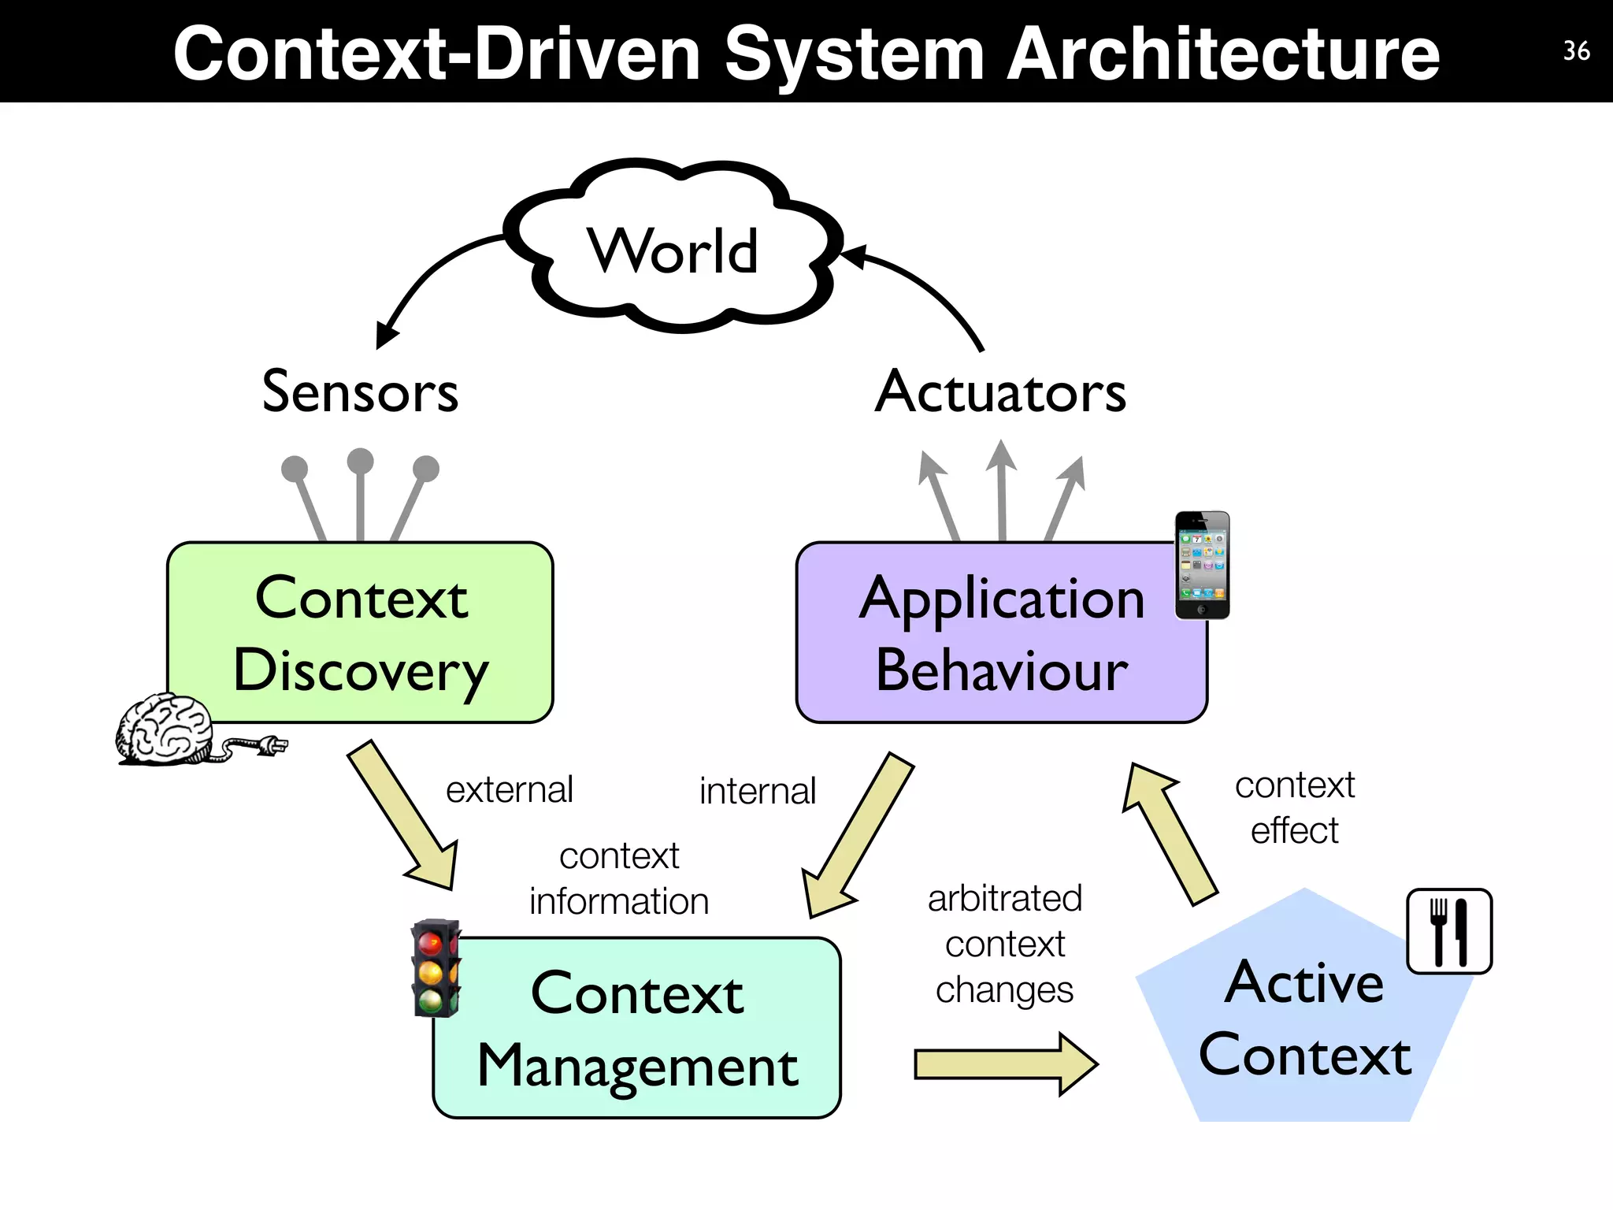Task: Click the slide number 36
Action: [x=1576, y=51]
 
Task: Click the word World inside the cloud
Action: [x=673, y=251]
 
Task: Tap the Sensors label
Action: [x=360, y=392]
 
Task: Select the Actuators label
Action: [x=1000, y=392]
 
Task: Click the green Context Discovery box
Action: [x=361, y=633]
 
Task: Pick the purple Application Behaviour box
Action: [x=1001, y=633]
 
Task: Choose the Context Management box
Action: [x=637, y=1028]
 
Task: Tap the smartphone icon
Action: [x=1202, y=565]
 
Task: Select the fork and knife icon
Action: [x=1449, y=932]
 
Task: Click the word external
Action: [x=510, y=790]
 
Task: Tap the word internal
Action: [x=758, y=792]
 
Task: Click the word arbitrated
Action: [x=1005, y=899]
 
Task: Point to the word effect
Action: [x=1295, y=831]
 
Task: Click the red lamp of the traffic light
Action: [x=430, y=942]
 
